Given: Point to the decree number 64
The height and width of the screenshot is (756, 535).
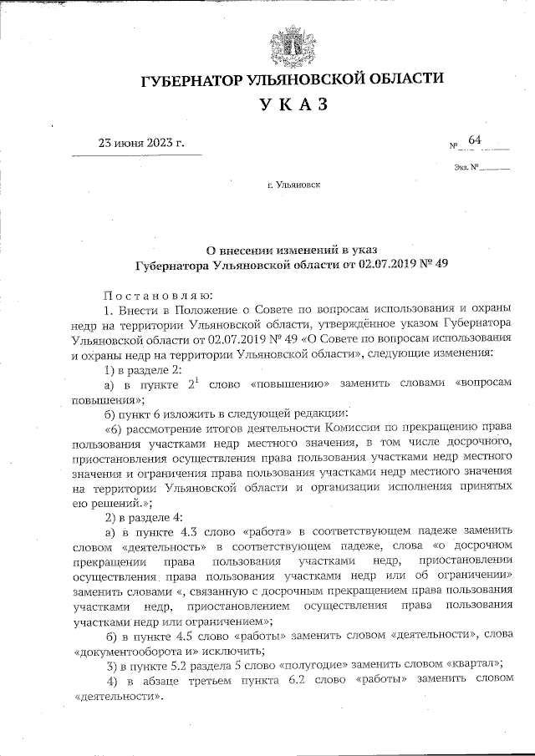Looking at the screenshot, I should [x=475, y=140].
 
